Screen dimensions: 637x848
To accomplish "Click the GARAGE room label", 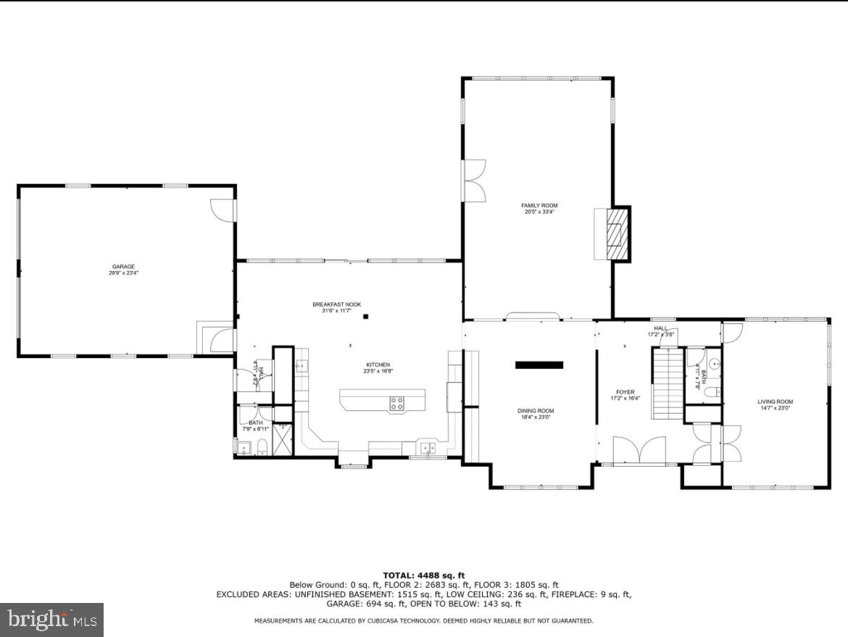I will tap(122, 270).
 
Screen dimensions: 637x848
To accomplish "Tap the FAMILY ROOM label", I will tap(539, 209).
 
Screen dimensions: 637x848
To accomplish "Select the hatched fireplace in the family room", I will tap(617, 234).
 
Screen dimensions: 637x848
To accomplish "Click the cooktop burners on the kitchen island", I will tap(396, 403).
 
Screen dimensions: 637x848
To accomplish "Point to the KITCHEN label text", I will tap(378, 367).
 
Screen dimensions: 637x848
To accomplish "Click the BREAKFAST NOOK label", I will tap(336, 307).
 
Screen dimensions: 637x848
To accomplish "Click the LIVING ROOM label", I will tap(775, 404).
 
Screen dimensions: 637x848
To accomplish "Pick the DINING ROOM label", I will tap(536, 414).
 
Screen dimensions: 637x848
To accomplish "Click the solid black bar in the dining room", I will tap(539, 365).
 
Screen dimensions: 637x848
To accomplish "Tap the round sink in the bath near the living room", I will tap(714, 365).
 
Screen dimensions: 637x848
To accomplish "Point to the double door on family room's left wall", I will tap(474, 180).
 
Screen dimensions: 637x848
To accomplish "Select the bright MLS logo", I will tap(51, 620).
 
